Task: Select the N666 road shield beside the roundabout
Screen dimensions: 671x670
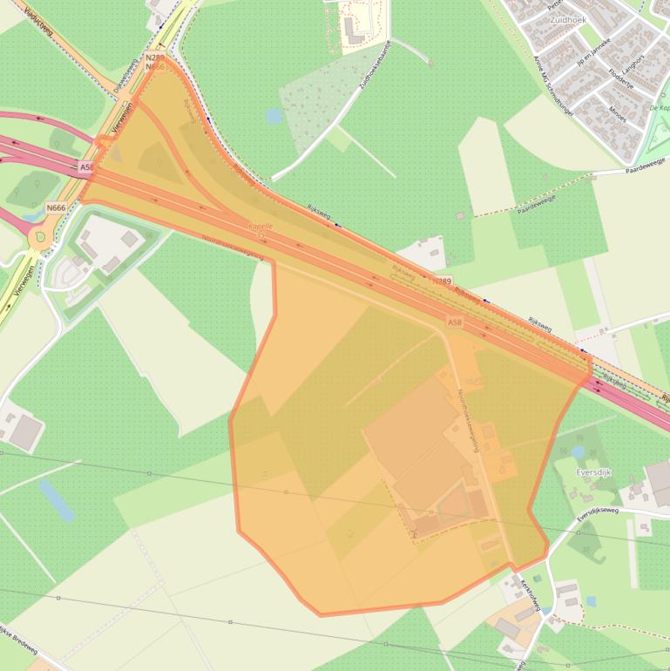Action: tap(56, 207)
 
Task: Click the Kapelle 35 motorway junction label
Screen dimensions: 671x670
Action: tap(261, 230)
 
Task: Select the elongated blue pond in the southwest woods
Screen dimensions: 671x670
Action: tap(57, 501)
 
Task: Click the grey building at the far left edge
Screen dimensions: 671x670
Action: tap(26, 431)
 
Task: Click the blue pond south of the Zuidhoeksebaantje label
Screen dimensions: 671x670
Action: tap(274, 115)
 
